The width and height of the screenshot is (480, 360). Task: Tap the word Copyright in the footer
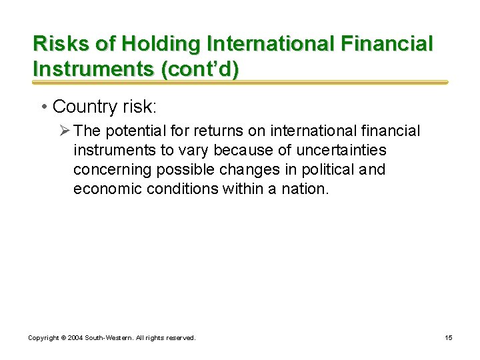pyautogui.click(x=43, y=338)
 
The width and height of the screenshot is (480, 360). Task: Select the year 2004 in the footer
pyautogui.click(x=75, y=338)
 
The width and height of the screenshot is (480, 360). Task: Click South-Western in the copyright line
pyautogui.click(x=108, y=338)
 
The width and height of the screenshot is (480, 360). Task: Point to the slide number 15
pyautogui.click(x=449, y=338)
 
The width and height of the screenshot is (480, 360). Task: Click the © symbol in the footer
pyautogui.click(x=62, y=338)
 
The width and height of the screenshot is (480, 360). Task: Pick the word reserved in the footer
pyautogui.click(x=180, y=338)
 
